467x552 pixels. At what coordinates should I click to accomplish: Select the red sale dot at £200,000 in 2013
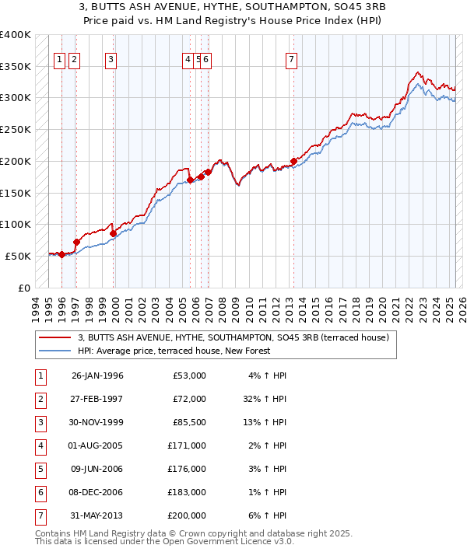293,162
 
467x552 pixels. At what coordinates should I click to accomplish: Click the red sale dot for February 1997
76,242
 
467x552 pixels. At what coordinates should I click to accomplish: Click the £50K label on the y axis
19,256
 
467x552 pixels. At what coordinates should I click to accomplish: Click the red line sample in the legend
55,337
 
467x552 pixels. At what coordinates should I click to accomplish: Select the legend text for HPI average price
174,351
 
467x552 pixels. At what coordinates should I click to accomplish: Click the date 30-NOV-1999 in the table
97,422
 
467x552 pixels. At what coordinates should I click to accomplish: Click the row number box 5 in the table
40,469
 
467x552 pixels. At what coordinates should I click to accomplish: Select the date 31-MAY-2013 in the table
97,515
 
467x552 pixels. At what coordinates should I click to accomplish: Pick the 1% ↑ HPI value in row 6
269,492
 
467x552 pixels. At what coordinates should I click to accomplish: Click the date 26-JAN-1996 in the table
97,376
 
